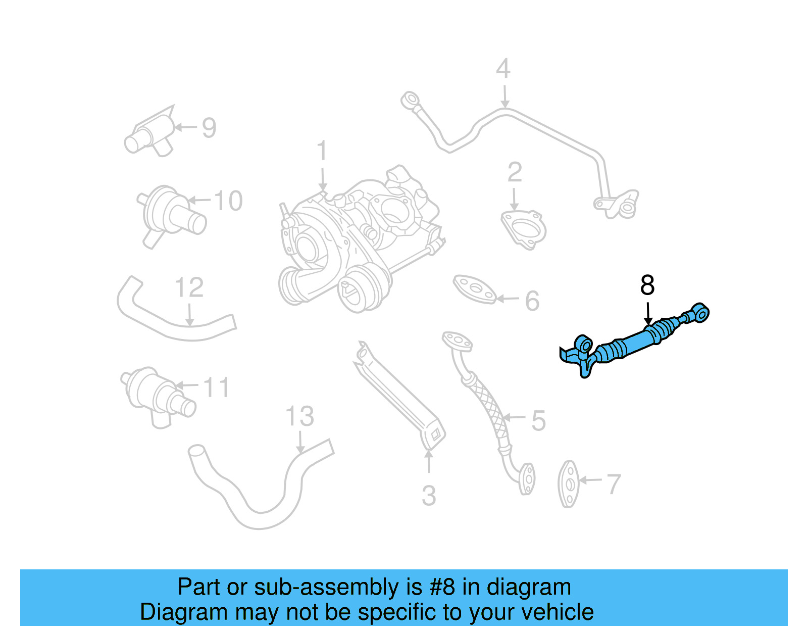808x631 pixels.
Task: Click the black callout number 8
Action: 647,285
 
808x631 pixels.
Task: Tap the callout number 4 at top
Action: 503,69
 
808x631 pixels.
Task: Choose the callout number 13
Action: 299,417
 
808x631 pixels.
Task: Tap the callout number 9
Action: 209,128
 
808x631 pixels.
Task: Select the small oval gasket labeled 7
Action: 569,483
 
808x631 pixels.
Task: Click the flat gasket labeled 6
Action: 474,289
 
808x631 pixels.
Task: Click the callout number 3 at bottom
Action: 429,496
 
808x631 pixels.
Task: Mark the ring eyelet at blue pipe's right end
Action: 700,313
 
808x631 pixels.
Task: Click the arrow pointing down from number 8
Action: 648,313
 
